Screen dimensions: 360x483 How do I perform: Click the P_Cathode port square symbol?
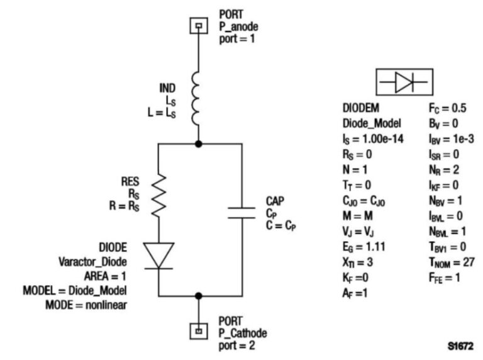pyautogui.click(x=199, y=329)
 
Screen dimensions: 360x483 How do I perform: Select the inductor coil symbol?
pyautogui.click(x=199, y=104)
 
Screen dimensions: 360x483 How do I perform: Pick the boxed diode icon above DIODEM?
pyautogui.click(x=404, y=82)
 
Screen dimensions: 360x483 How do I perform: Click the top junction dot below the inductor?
pyautogui.click(x=199, y=144)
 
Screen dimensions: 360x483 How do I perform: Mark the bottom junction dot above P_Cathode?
pyautogui.click(x=199, y=295)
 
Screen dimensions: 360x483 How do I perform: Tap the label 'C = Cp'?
pyautogui.click(x=279, y=222)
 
